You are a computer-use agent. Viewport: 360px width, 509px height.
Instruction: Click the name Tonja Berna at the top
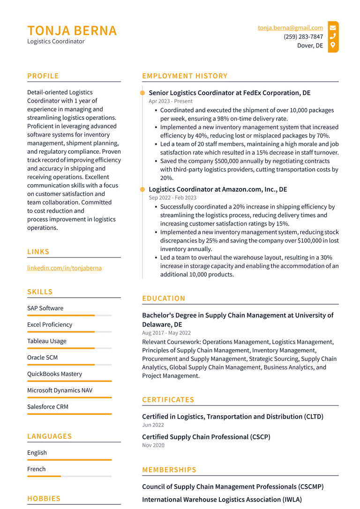tap(72, 30)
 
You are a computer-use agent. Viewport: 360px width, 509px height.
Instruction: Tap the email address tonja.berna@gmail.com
tap(290, 28)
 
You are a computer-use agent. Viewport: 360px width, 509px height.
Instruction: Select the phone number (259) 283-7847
tap(303, 37)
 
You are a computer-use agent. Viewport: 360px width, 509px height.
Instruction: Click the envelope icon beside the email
tap(333, 28)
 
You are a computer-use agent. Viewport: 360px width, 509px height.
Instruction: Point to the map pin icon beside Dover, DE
tap(333, 45)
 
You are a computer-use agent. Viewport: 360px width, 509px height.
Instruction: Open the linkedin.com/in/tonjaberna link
tap(64, 268)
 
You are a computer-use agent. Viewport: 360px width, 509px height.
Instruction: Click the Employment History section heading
tap(185, 76)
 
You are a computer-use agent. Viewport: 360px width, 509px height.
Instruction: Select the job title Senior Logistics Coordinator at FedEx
tap(229, 93)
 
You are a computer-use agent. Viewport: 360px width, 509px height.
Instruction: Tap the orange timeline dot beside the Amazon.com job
tap(142, 189)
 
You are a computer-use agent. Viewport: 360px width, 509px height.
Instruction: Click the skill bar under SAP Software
tap(69, 315)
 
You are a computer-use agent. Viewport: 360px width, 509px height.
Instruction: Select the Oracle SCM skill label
tap(42, 358)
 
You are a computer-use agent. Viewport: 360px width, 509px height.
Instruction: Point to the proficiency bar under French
tap(69, 476)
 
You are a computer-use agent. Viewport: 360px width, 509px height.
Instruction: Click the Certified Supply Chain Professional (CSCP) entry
tap(206, 437)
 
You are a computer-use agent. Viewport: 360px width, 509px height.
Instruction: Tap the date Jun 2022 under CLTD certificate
tap(153, 425)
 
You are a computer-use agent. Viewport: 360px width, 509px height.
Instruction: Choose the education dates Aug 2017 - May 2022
tap(166, 333)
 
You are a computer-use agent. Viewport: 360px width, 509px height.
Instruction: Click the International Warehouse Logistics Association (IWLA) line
tap(222, 500)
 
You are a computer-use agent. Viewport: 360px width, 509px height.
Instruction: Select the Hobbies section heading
tap(44, 499)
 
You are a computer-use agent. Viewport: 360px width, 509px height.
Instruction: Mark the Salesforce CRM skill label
tap(48, 407)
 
